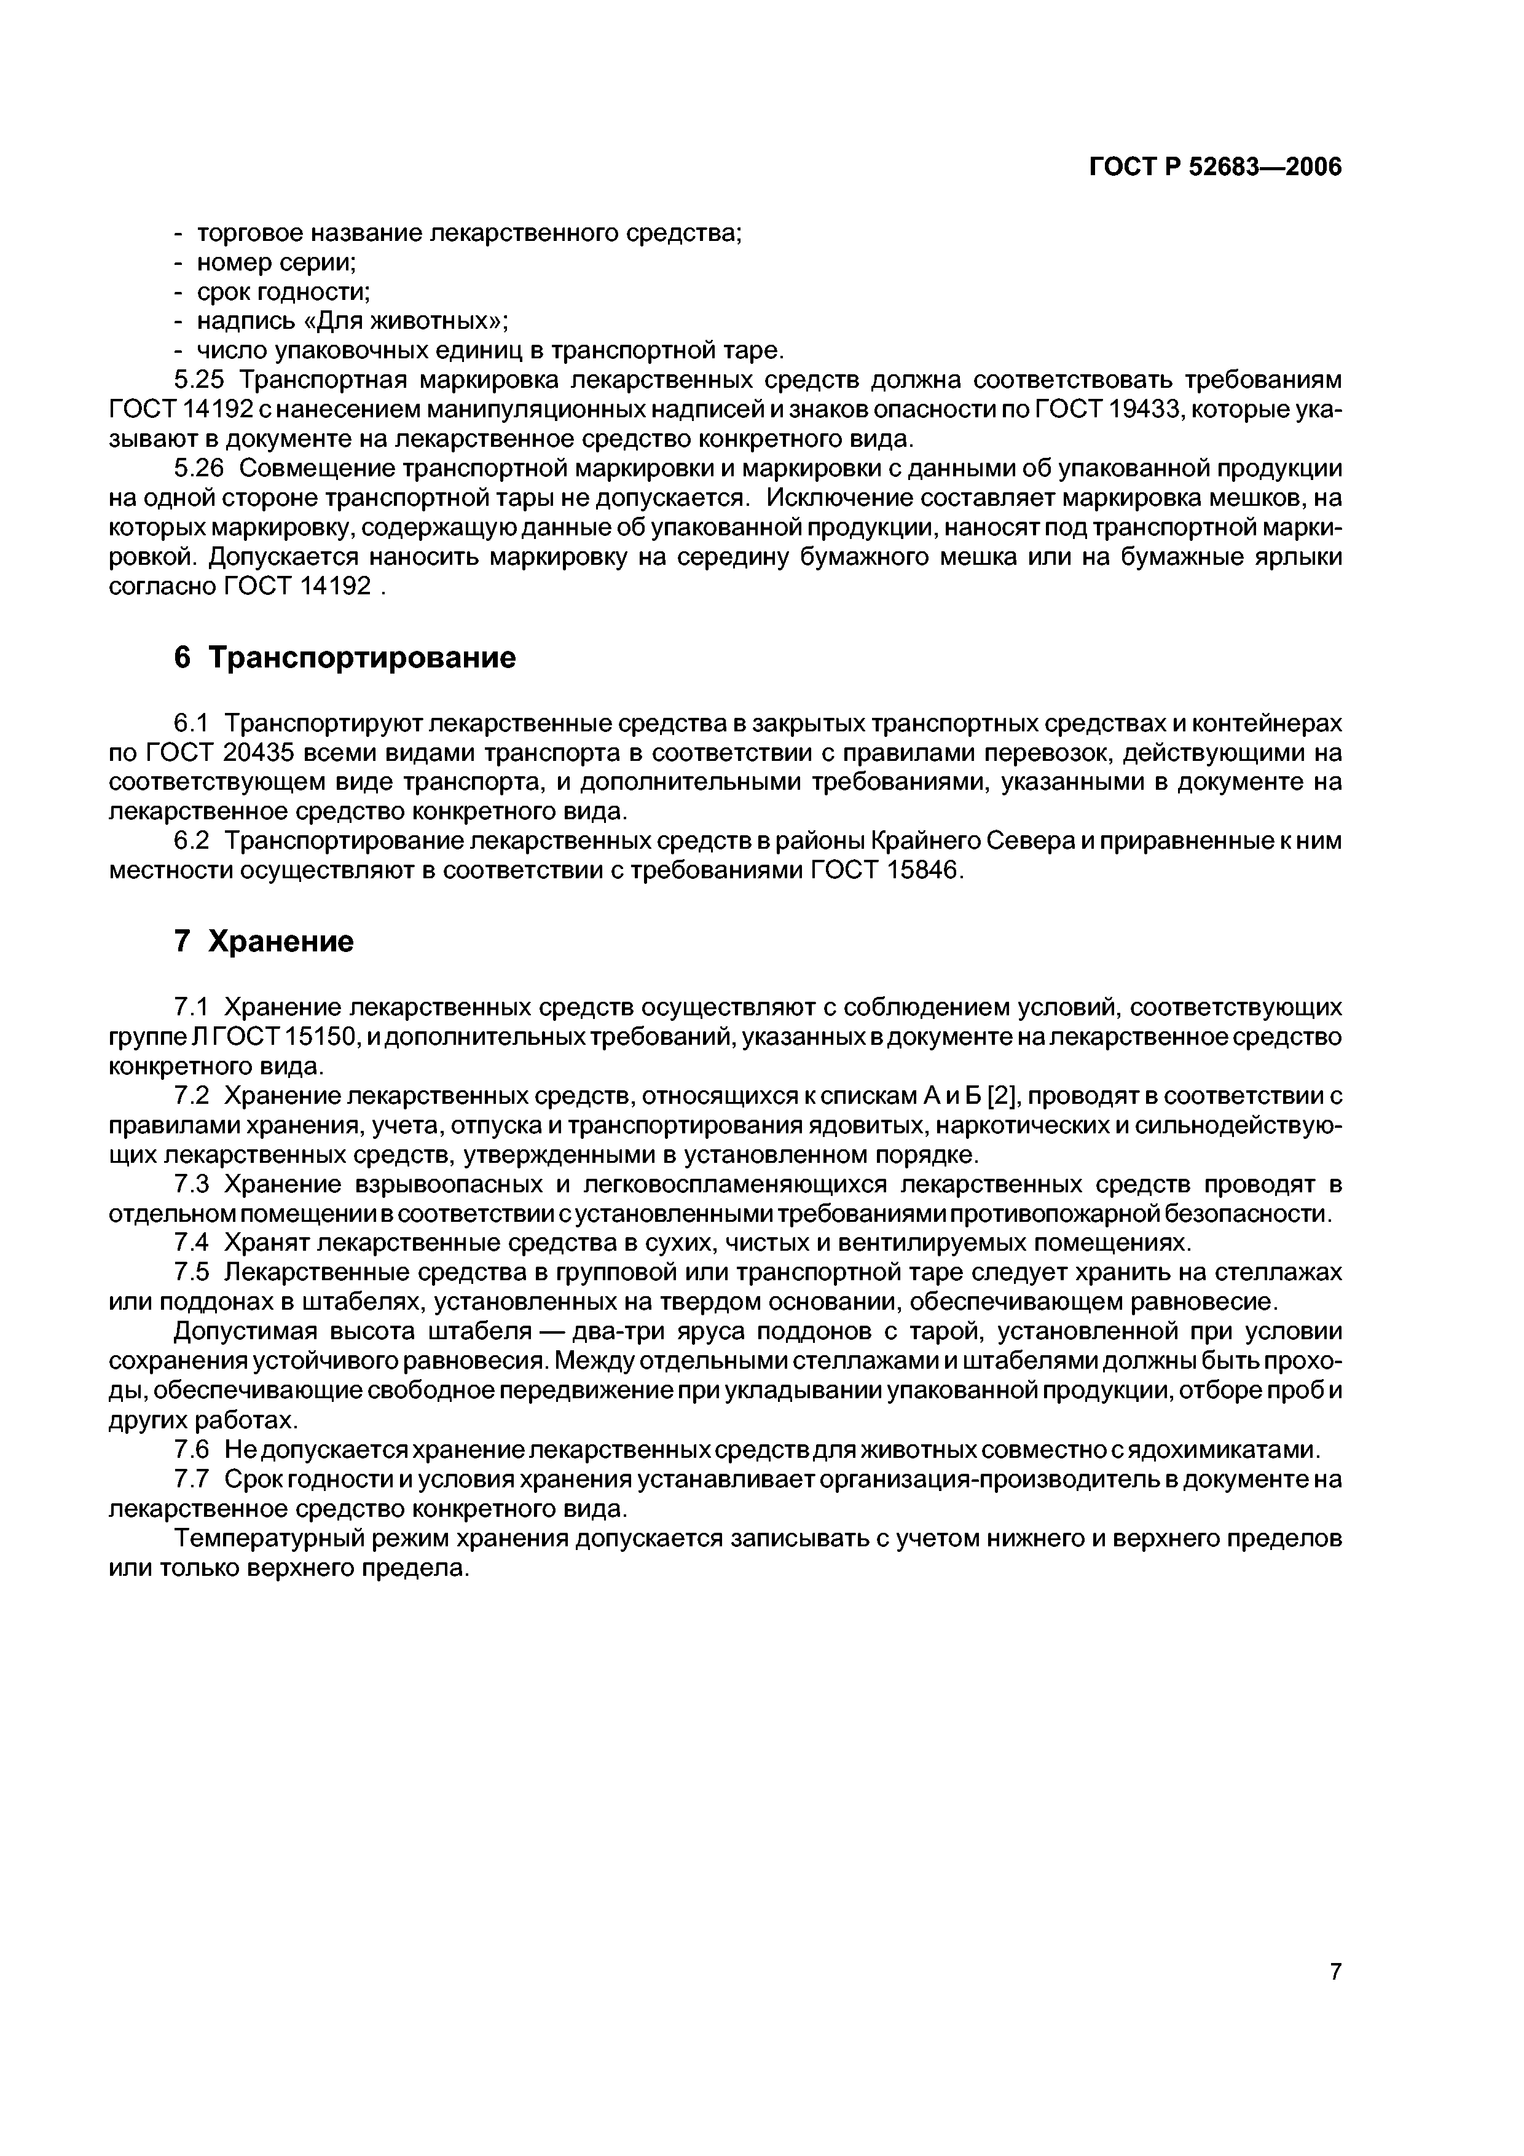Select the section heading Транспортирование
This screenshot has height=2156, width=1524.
click(361, 658)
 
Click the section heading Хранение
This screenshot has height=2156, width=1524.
click(280, 941)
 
